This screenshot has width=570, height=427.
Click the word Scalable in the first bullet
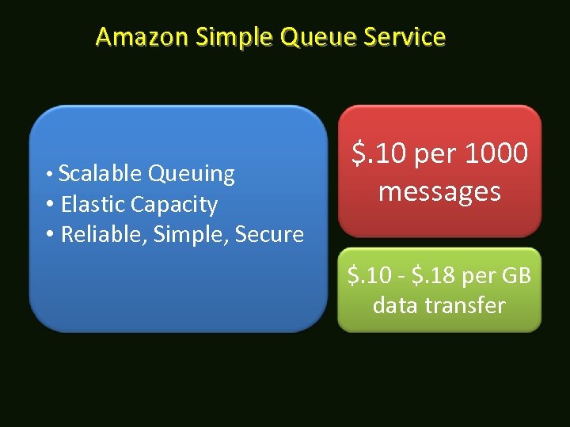[101, 173]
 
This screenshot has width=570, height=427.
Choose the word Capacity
[174, 205]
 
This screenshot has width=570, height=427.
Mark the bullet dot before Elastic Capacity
[50, 205]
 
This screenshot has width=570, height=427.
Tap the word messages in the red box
[439, 191]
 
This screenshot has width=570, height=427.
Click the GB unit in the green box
[515, 276]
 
